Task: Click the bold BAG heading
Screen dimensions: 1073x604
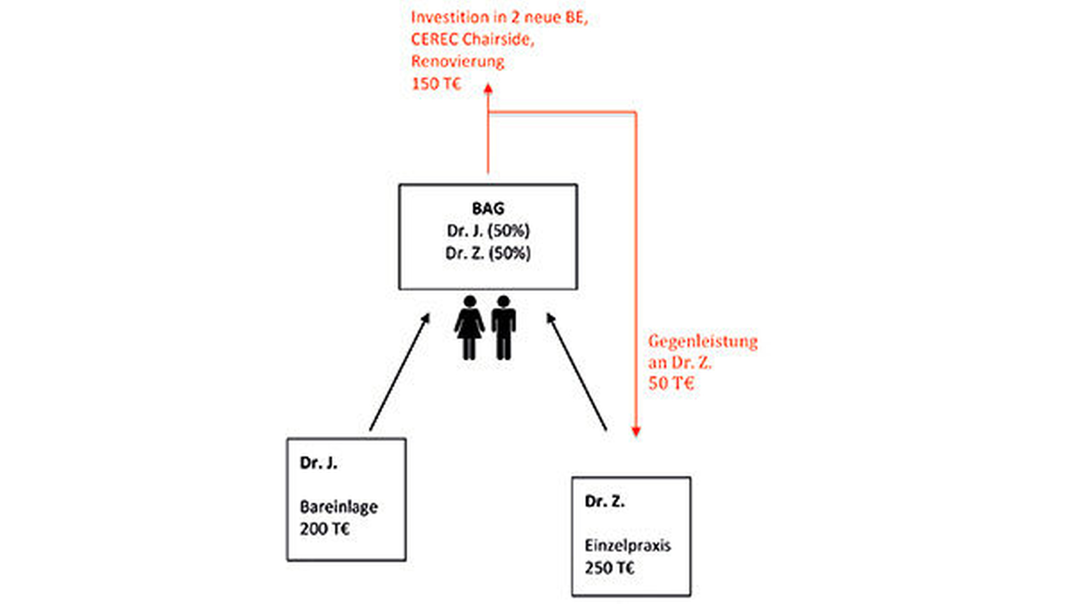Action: pyautogui.click(x=488, y=208)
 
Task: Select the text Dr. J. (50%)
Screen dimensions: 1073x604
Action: pyautogui.click(x=488, y=230)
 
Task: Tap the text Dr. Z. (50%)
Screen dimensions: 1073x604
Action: pyautogui.click(x=488, y=253)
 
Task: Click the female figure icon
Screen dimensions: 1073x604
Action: pyautogui.click(x=469, y=327)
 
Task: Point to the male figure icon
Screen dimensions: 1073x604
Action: pyautogui.click(x=503, y=327)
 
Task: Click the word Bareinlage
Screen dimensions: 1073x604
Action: pyautogui.click(x=339, y=507)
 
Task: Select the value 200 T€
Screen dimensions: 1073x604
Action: pyautogui.click(x=325, y=529)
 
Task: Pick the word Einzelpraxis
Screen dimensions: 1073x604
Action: pyautogui.click(x=627, y=546)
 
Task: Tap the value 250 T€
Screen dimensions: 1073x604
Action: pyautogui.click(x=609, y=568)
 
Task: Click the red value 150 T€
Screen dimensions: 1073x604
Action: pyautogui.click(x=436, y=84)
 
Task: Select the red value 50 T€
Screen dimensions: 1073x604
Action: pyautogui.click(x=671, y=383)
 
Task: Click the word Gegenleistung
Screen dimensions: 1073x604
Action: pyautogui.click(x=703, y=342)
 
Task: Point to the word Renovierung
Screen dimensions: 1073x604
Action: pyautogui.click(x=457, y=61)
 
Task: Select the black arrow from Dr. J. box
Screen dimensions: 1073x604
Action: pyautogui.click(x=399, y=373)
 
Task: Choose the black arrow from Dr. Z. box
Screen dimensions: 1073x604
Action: pyautogui.click(x=577, y=373)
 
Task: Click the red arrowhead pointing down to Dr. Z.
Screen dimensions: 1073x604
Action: pyautogui.click(x=636, y=432)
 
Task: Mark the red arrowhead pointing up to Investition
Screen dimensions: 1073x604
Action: pyautogui.click(x=488, y=89)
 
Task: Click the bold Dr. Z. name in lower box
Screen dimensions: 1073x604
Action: pyautogui.click(x=604, y=501)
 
